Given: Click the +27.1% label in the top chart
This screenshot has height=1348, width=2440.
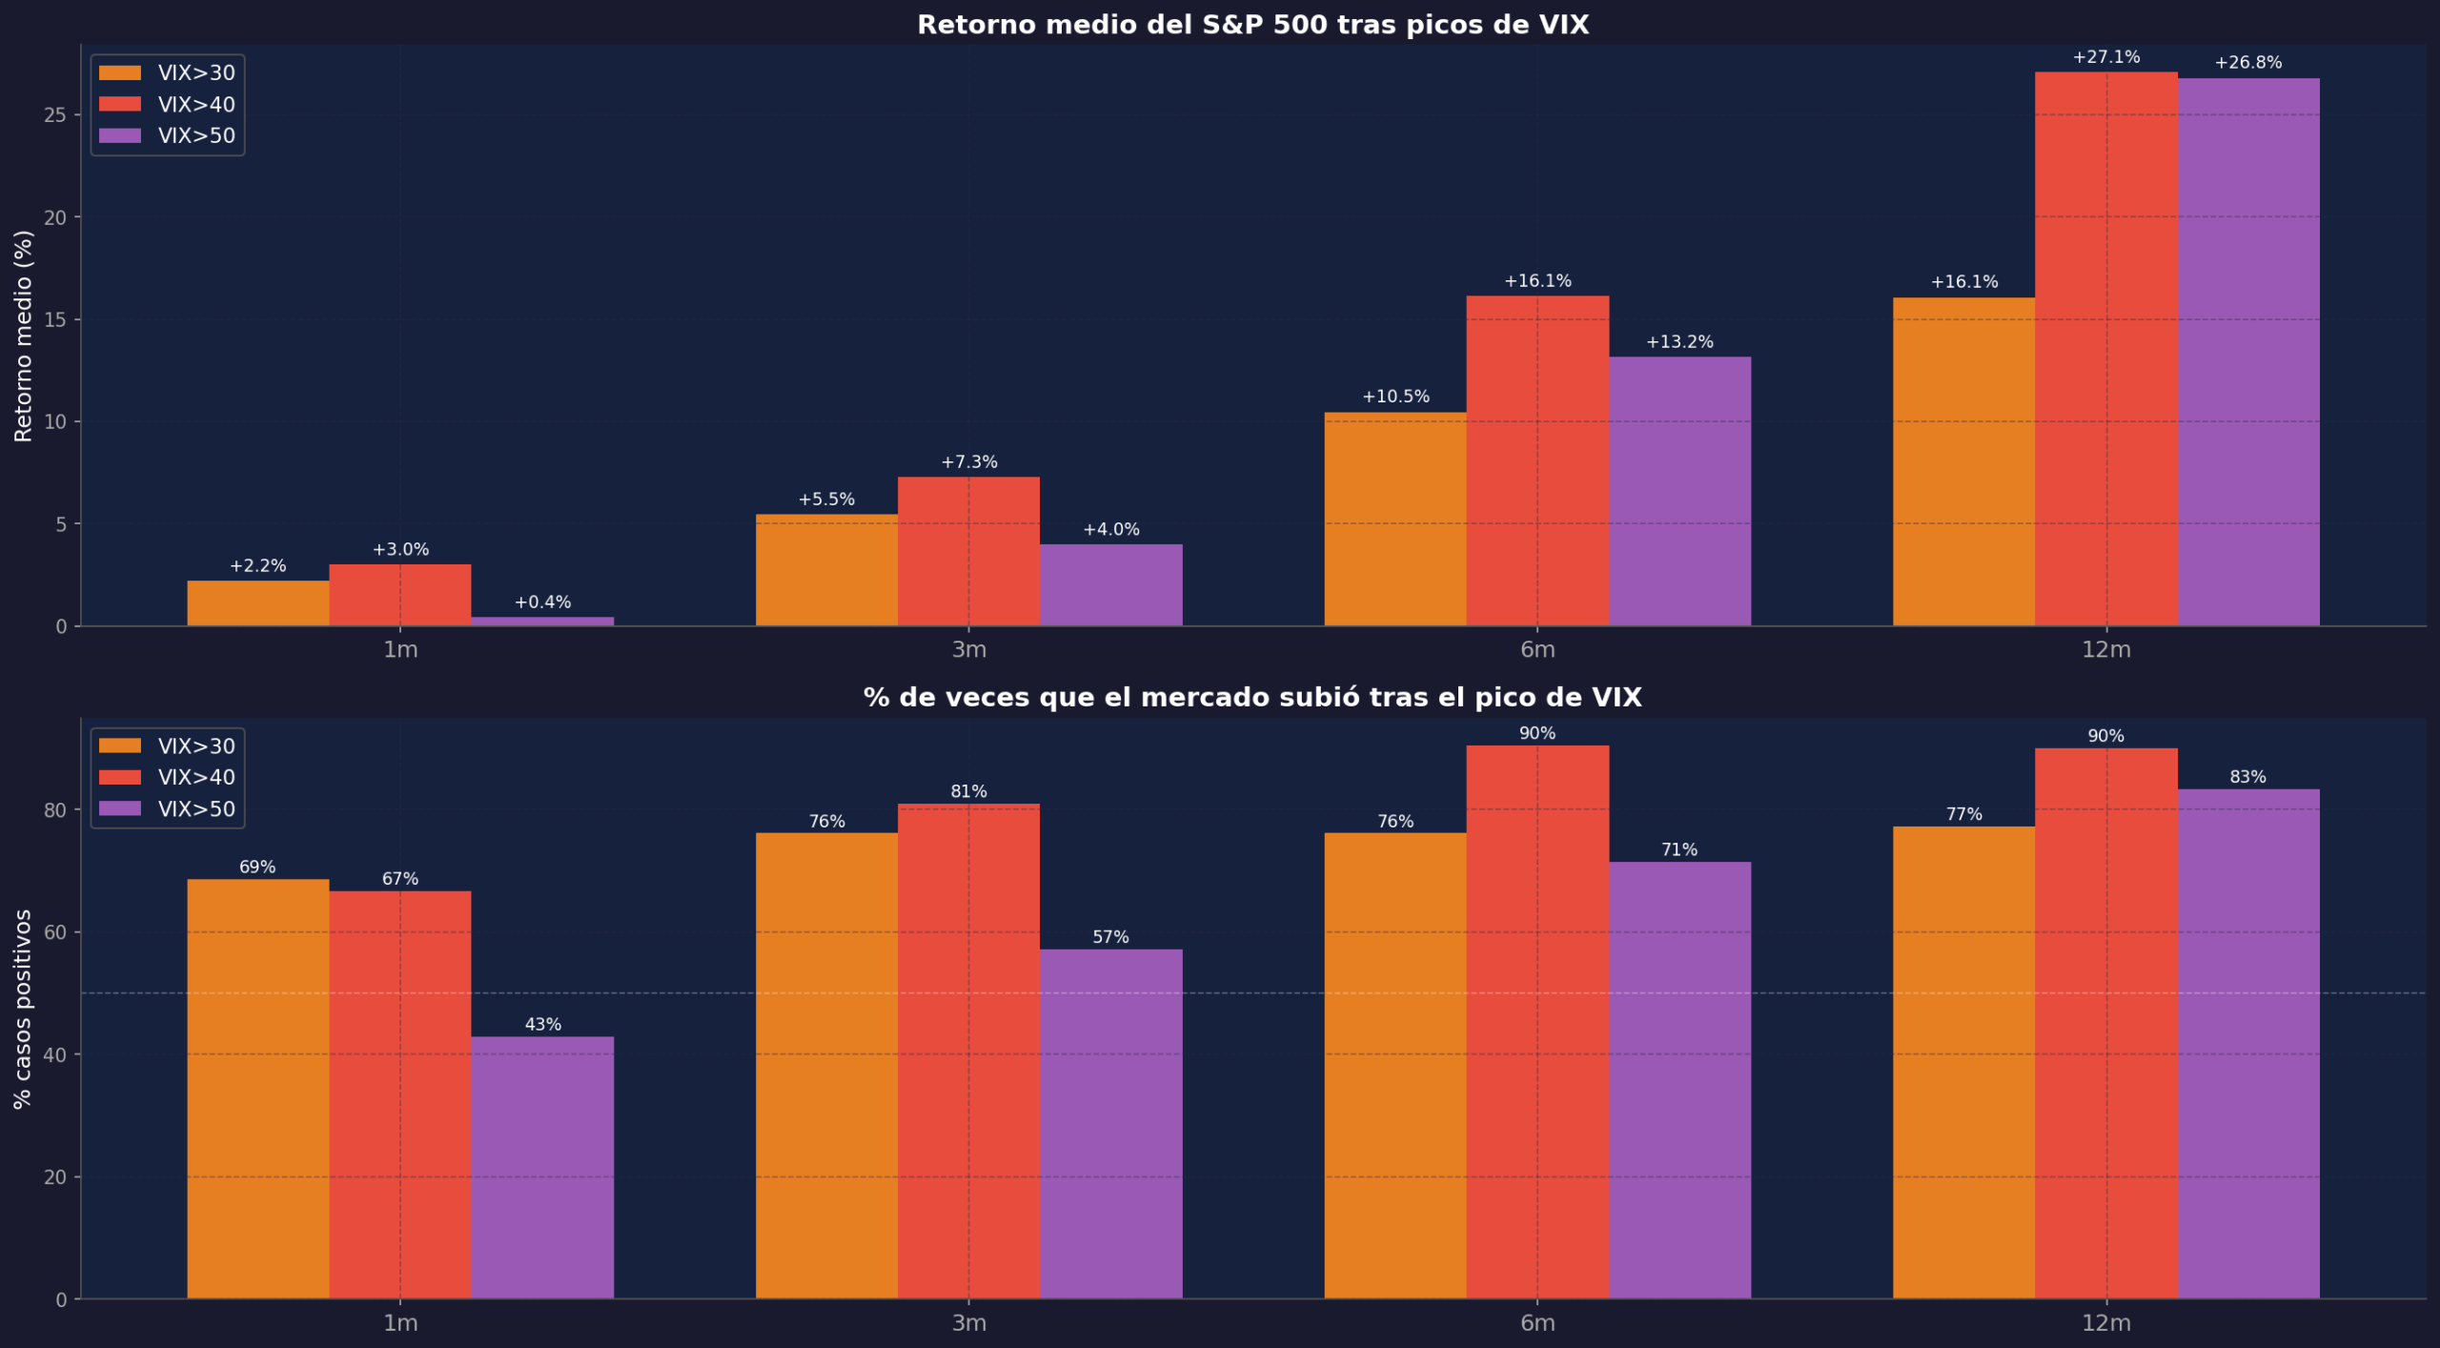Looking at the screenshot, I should click(2105, 57).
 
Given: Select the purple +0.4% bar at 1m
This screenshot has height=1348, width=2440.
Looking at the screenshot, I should click(542, 622).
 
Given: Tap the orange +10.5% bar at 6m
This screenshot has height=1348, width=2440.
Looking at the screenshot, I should click(1395, 520).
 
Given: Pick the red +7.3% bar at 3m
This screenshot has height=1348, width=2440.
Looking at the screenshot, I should click(968, 552).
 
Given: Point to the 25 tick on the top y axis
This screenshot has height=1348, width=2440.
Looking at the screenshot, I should click(55, 115).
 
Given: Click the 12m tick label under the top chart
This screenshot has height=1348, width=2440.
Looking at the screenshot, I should click(2105, 650).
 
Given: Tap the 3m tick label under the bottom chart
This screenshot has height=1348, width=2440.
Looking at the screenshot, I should click(968, 1323).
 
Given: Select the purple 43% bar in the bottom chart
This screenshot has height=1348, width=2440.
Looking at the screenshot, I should click(542, 1168).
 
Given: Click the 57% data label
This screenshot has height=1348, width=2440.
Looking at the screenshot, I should click(1110, 937).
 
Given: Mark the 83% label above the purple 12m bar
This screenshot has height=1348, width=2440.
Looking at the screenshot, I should click(2247, 777).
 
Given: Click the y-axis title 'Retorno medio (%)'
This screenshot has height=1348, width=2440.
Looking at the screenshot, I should click(23, 336).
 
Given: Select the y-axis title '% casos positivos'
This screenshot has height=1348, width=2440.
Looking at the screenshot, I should click(23, 1009).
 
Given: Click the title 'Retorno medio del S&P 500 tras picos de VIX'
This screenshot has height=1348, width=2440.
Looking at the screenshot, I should click(1252, 25).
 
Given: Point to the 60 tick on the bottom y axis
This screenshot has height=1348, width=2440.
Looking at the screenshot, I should click(55, 932).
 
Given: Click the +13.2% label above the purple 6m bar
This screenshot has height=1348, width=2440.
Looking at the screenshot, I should click(1679, 341).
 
